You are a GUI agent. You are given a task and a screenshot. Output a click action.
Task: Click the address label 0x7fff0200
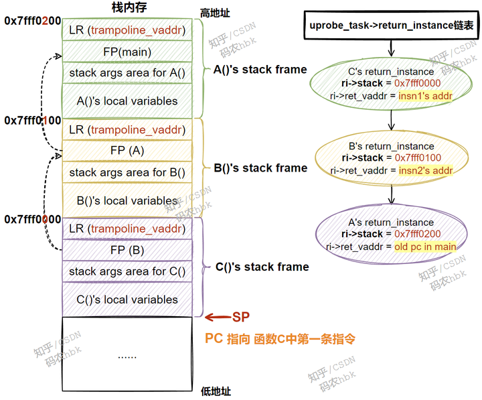(33, 21)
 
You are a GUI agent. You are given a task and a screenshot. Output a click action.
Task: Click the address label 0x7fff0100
(33, 121)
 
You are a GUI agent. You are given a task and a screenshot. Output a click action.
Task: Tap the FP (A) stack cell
(127, 151)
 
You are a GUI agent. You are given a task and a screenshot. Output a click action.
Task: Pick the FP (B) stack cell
(127, 251)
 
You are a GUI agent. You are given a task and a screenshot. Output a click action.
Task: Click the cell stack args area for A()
(127, 73)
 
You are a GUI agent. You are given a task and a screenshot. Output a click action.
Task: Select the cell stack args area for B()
(127, 172)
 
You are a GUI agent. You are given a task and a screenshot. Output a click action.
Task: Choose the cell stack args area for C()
(127, 271)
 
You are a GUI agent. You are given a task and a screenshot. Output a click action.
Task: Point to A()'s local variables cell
(127, 101)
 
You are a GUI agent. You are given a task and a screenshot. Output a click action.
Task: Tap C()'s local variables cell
(127, 299)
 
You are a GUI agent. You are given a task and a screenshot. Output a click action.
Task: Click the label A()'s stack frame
(260, 70)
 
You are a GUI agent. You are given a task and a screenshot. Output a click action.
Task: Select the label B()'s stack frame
(260, 168)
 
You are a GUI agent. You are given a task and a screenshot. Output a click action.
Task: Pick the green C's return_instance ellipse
(391, 83)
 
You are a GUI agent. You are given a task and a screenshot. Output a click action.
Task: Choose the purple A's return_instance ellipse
(391, 234)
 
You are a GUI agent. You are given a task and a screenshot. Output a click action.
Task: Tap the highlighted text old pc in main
(424, 247)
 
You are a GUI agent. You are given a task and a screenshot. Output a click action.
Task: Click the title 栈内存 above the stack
(127, 7)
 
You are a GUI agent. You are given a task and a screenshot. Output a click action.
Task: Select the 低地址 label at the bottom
(216, 391)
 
